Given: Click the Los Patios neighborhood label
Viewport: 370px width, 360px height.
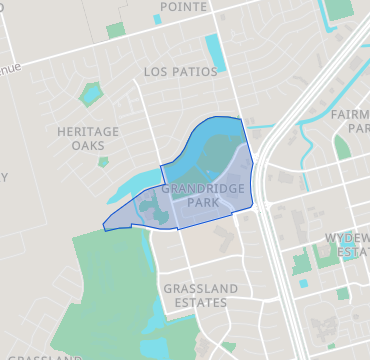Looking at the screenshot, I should click(x=179, y=72).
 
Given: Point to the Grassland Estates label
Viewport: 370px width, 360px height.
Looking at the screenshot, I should click(x=200, y=297).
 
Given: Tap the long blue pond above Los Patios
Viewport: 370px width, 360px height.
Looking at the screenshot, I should click(x=214, y=52).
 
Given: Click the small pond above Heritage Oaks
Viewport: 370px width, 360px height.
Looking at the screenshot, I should click(x=91, y=96).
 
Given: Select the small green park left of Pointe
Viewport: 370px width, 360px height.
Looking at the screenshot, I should click(x=116, y=30).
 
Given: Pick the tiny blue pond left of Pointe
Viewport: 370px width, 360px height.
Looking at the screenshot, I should click(x=157, y=19).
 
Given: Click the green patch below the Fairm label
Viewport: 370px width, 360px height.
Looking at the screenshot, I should click(x=342, y=148).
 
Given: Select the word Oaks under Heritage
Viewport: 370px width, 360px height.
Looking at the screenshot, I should click(x=88, y=146).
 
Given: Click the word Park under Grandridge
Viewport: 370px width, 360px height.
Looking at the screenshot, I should click(x=202, y=202).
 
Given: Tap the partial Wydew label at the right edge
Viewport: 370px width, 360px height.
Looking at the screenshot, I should click(x=347, y=237).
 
